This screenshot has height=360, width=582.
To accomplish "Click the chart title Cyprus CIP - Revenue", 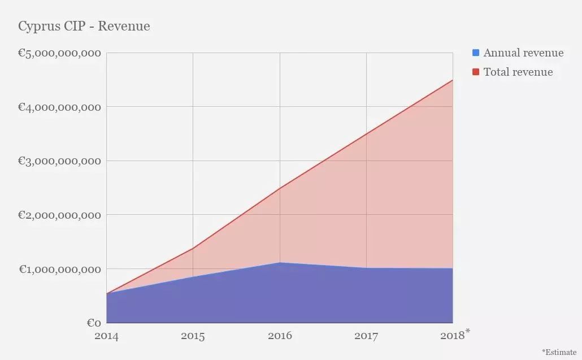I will click(x=84, y=26).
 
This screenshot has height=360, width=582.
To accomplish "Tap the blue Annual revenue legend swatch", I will click(x=476, y=53).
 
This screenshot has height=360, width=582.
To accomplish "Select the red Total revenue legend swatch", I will click(x=476, y=72).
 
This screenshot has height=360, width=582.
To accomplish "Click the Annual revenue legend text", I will click(x=523, y=53).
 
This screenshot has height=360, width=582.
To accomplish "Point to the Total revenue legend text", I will click(x=518, y=72).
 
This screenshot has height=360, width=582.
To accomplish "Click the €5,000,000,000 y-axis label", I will click(x=59, y=53).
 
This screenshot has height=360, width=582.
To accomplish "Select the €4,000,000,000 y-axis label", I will click(x=59, y=107).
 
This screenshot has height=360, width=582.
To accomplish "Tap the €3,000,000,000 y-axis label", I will click(x=59, y=161).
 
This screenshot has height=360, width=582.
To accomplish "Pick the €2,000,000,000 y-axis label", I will click(x=59, y=215).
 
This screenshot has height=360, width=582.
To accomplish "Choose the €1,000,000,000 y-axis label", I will click(x=59, y=269).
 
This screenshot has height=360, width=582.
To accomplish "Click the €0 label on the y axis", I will click(x=94, y=323).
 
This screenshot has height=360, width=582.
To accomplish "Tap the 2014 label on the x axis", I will click(x=106, y=336).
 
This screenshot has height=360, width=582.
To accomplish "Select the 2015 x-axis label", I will click(x=193, y=336).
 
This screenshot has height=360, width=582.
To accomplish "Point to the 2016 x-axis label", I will click(x=280, y=336).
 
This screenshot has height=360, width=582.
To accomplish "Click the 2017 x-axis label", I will click(x=366, y=336).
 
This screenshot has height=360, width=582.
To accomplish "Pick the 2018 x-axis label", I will click(x=452, y=336).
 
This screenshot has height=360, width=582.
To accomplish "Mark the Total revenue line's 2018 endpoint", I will click(x=453, y=80).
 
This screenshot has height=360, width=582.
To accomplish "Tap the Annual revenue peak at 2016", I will click(x=280, y=263).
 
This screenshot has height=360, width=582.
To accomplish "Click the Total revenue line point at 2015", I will click(x=193, y=248).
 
